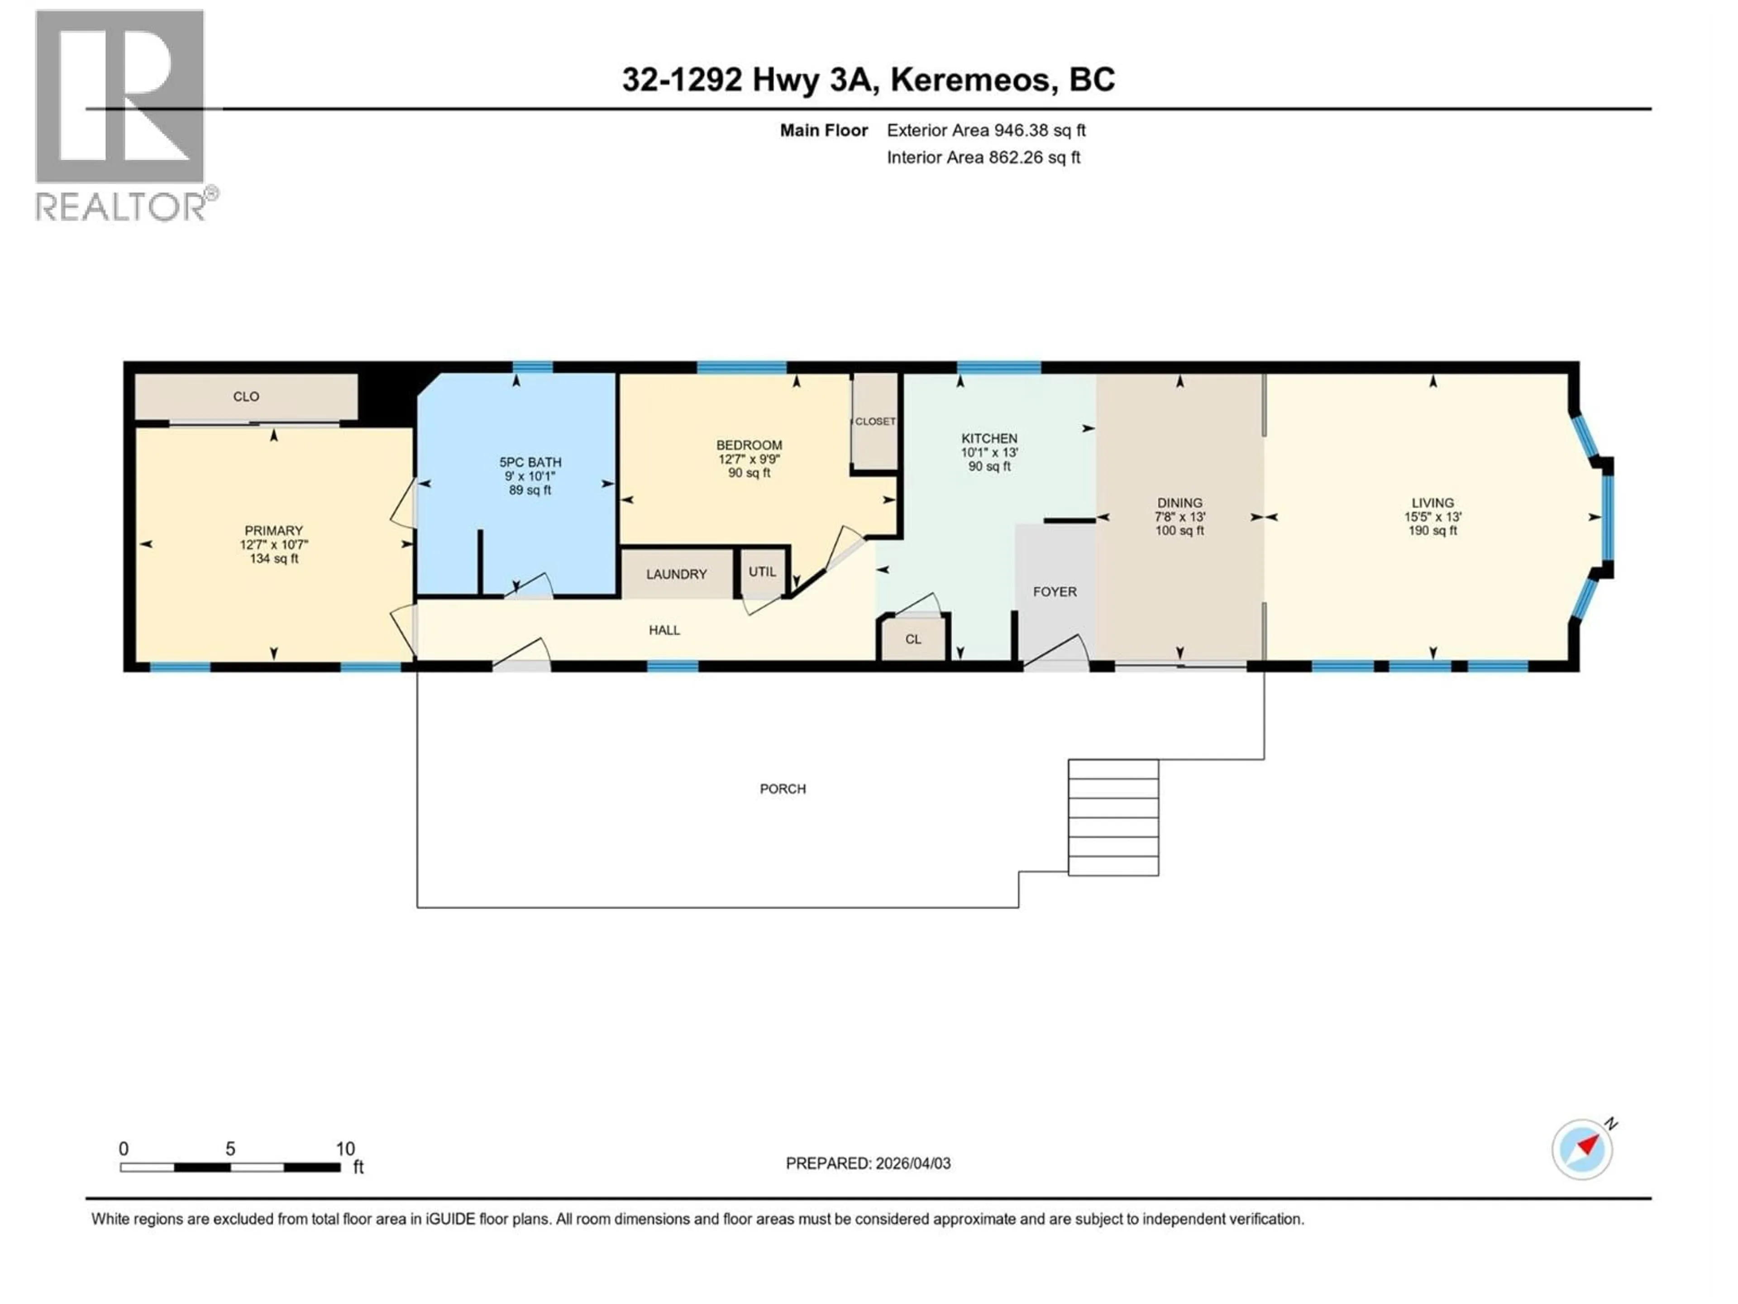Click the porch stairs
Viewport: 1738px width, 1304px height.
pos(1113,817)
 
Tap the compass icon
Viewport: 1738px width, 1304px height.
pos(1582,1149)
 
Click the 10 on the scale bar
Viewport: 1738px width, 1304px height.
pos(345,1148)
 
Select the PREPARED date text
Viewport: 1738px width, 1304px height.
pos(868,1163)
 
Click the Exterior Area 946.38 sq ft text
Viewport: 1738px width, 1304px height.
pos(986,130)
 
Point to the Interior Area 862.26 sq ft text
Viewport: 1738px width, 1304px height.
pos(983,157)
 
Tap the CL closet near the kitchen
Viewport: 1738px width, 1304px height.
pos(912,639)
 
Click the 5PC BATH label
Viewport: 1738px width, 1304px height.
pos(530,462)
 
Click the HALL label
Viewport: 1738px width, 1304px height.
pos(664,630)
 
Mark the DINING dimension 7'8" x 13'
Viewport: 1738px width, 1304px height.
pos(1179,517)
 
